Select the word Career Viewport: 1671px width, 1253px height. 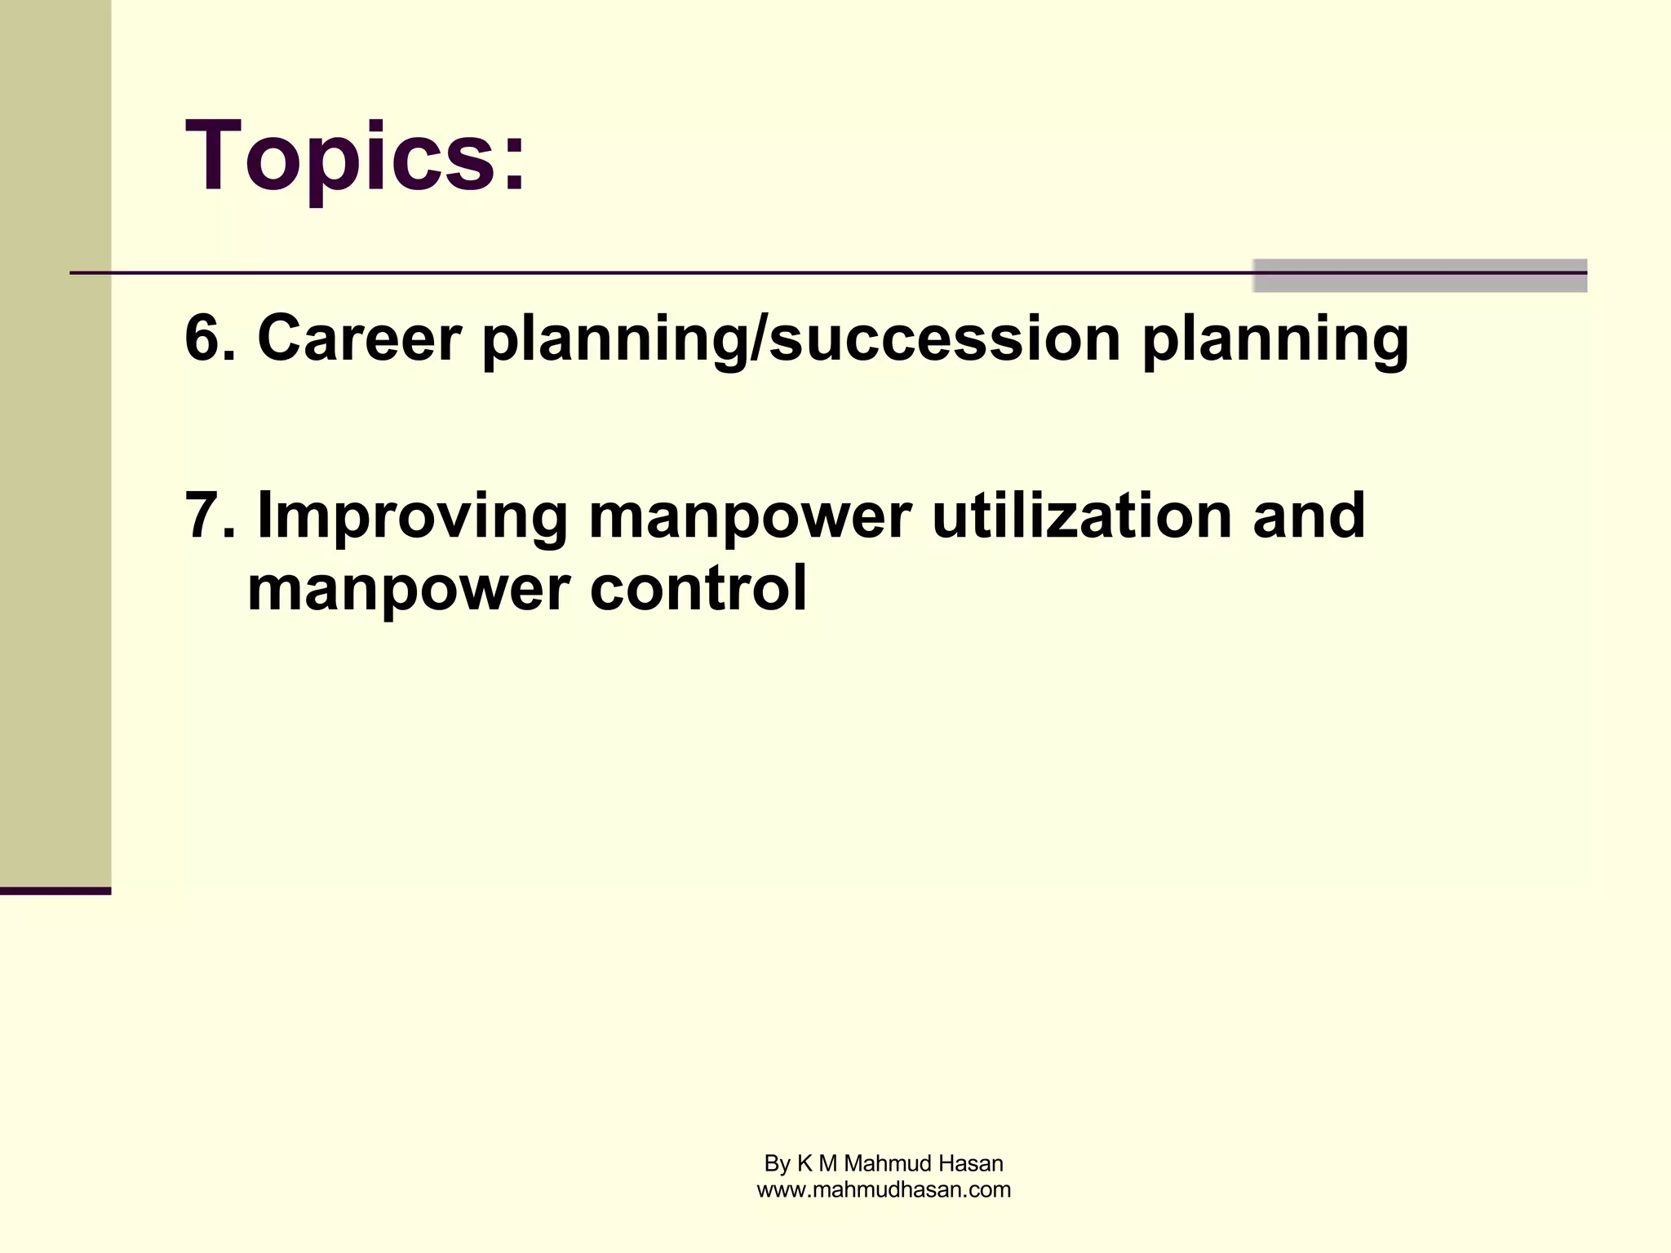pos(359,338)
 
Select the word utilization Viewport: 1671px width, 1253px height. pos(1081,516)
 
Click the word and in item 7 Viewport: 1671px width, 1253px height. pos(1308,516)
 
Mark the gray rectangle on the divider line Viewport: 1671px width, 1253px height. pos(1420,276)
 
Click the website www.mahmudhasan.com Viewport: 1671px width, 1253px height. pos(884,1190)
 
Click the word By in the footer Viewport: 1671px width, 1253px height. pos(777,1164)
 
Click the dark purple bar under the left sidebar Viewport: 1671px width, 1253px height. pos(55,891)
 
